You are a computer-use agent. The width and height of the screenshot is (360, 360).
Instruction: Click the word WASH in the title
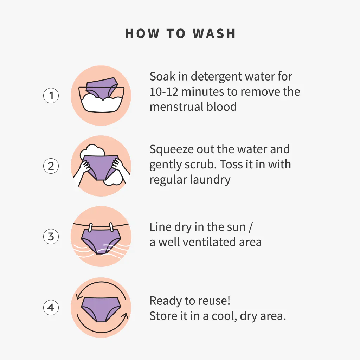214,33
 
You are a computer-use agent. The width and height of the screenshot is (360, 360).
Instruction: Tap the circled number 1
51,96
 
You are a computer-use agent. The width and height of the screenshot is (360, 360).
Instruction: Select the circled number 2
51,166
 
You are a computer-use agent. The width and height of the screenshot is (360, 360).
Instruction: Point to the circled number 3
51,237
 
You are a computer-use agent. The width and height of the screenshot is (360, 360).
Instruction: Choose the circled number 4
51,307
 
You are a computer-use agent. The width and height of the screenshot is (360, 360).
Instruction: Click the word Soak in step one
162,76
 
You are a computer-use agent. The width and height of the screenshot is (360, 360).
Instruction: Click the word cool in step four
224,316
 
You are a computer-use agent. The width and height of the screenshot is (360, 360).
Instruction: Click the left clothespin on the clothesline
90,227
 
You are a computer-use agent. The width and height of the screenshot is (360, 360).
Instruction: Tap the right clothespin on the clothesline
111,227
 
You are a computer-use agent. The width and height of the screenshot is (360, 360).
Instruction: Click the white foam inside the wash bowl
102,104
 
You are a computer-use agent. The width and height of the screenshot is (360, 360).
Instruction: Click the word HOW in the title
142,33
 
